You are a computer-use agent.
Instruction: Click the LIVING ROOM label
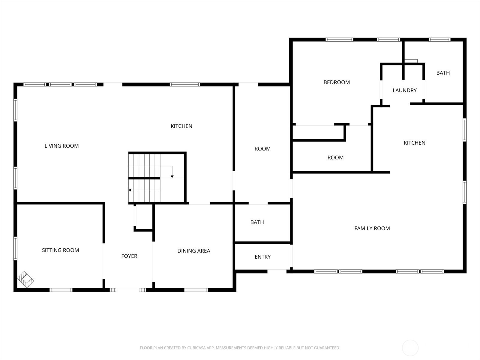[x=61, y=146]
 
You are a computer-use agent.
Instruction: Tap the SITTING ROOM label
[x=60, y=250]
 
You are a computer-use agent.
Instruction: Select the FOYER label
[x=129, y=256]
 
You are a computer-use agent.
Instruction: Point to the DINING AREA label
[x=193, y=251]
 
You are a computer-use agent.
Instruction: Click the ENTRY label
[x=262, y=257]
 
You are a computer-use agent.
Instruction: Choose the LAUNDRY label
[x=404, y=90]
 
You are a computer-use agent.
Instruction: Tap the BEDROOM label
[x=336, y=82]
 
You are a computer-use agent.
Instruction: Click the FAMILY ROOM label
[x=372, y=228]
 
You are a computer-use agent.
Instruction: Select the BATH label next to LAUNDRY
[x=443, y=73]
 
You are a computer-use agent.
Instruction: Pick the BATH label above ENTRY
[x=257, y=222]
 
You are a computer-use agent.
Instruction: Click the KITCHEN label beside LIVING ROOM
[x=181, y=126]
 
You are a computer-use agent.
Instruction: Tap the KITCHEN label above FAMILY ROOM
[x=414, y=143]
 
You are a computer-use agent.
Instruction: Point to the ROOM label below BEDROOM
[x=335, y=157]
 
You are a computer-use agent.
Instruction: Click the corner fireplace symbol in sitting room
[x=25, y=280]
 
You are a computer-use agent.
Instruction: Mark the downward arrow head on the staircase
[x=172, y=177]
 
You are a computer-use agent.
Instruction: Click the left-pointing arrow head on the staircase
[x=130, y=190]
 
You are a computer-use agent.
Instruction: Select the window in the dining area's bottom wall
[x=196, y=290]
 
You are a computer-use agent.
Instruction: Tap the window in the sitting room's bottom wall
[x=61, y=290]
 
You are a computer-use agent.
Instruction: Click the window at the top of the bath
[x=439, y=40]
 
